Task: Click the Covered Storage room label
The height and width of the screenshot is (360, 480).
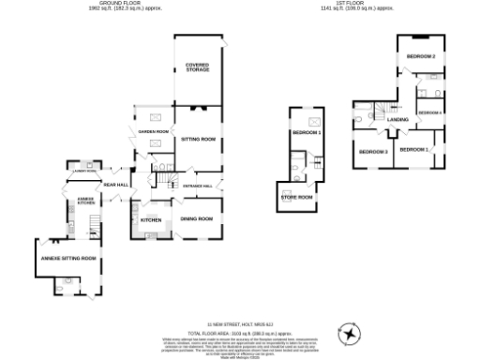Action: pos(197,67)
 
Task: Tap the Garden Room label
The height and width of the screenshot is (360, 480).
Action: pos(153,132)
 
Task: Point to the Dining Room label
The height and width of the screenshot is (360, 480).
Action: pos(197,218)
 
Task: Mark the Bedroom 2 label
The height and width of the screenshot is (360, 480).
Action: pos(421,57)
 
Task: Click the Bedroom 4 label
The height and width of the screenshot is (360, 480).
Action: pos(430,112)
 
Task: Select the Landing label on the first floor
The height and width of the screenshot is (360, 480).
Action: pos(397,120)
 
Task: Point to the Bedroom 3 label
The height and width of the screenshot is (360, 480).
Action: pos(373,151)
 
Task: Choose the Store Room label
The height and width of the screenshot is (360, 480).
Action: pos(299,197)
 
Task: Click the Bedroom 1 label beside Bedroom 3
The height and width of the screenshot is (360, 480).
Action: pos(413,149)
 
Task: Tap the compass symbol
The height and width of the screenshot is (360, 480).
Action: pos(350,334)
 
